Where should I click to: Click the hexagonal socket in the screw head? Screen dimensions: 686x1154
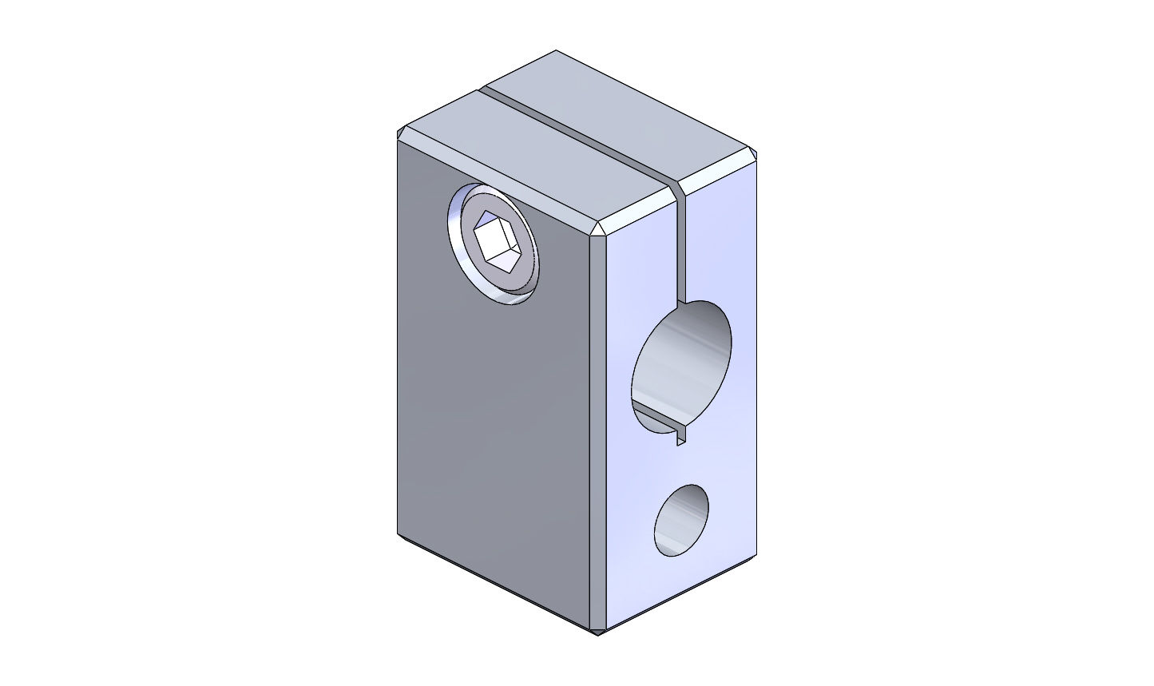coord(498,240)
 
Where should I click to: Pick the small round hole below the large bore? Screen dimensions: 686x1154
coord(681,521)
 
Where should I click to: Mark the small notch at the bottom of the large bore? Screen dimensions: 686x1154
coord(680,436)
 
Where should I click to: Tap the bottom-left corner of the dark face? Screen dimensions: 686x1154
coord(399,533)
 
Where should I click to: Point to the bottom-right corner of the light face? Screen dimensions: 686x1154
coord(754,555)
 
